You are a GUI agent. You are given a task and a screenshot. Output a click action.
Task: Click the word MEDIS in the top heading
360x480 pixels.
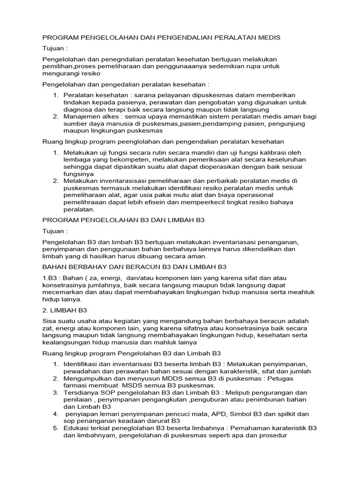269,37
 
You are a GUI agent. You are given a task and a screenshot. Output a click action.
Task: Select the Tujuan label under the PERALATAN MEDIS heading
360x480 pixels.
55,48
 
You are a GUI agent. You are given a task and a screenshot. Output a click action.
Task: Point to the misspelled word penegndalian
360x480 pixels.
113,60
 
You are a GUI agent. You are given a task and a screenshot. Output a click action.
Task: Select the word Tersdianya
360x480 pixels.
81,392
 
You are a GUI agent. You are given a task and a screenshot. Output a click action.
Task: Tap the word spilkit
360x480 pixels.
285,414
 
